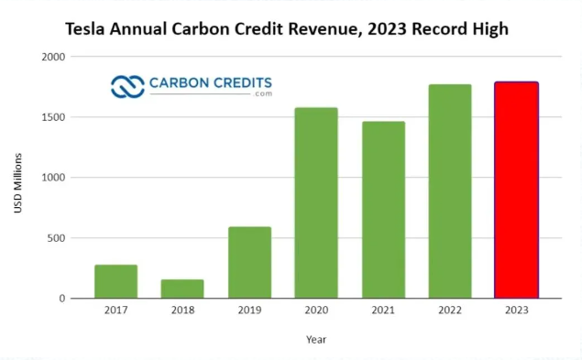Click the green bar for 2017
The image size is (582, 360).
pyautogui.click(x=115, y=281)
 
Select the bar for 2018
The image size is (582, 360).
pyautogui.click(x=182, y=289)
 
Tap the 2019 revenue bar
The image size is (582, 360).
pyautogui.click(x=249, y=262)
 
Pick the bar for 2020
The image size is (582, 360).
pyautogui.click(x=316, y=202)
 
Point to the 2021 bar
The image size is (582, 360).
pyautogui.click(x=383, y=210)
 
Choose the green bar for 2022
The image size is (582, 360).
pyautogui.click(x=450, y=191)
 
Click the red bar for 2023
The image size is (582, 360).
pyautogui.click(x=516, y=190)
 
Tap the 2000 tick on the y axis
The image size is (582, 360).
pyautogui.click(x=53, y=57)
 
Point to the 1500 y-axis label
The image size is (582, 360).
pyautogui.click(x=53, y=117)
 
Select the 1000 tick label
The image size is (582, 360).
pyautogui.click(x=53, y=178)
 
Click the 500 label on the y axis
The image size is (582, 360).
pyautogui.click(x=57, y=238)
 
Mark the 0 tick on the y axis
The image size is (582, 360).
pyautogui.click(x=62, y=299)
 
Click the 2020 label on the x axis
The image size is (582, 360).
pyautogui.click(x=316, y=310)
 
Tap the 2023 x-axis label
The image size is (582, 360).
pyautogui.click(x=516, y=310)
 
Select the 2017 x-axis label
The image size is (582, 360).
pyautogui.click(x=115, y=310)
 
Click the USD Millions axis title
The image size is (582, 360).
pyautogui.click(x=17, y=183)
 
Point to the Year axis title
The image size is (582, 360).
pyautogui.click(x=316, y=339)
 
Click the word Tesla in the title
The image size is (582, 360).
pyautogui.click(x=85, y=29)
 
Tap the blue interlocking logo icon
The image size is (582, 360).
pyautogui.click(x=127, y=87)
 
